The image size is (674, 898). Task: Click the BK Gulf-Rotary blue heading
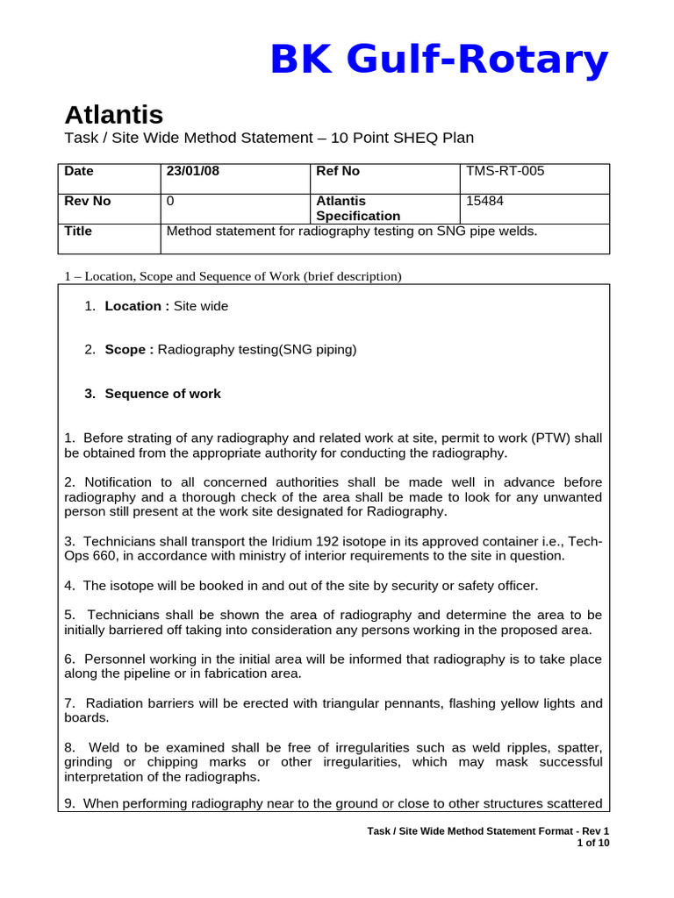[x=438, y=61]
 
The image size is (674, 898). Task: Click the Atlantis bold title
[x=113, y=115]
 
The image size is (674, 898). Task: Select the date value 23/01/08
[x=193, y=172]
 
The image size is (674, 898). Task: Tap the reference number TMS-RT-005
[x=505, y=172]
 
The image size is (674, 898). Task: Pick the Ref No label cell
[x=337, y=172]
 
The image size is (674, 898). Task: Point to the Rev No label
[x=88, y=202]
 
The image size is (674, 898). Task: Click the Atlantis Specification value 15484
[x=484, y=202]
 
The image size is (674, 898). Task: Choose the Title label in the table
[x=78, y=232]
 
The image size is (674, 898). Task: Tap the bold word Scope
[x=126, y=350]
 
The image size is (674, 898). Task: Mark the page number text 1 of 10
[x=592, y=844]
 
